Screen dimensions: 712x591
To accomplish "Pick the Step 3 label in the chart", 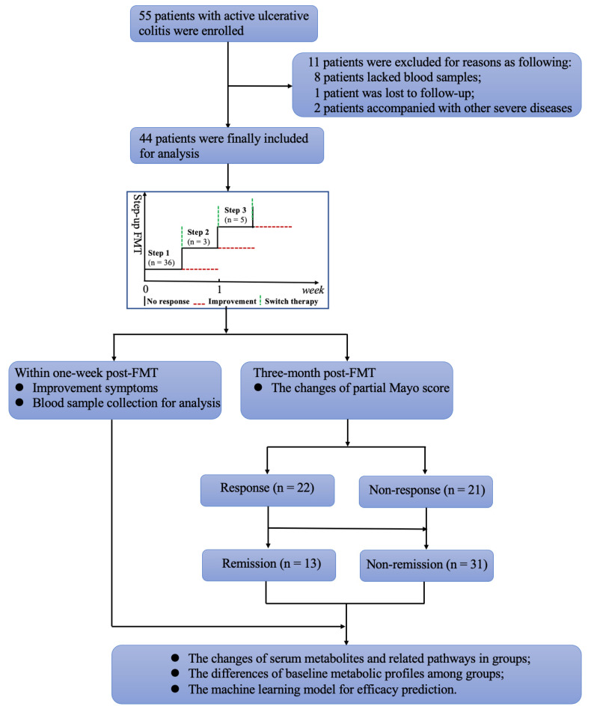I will (x=236, y=209).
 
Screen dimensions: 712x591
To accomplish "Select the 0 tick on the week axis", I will (x=146, y=289).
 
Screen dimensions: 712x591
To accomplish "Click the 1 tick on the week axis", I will (x=218, y=289).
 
